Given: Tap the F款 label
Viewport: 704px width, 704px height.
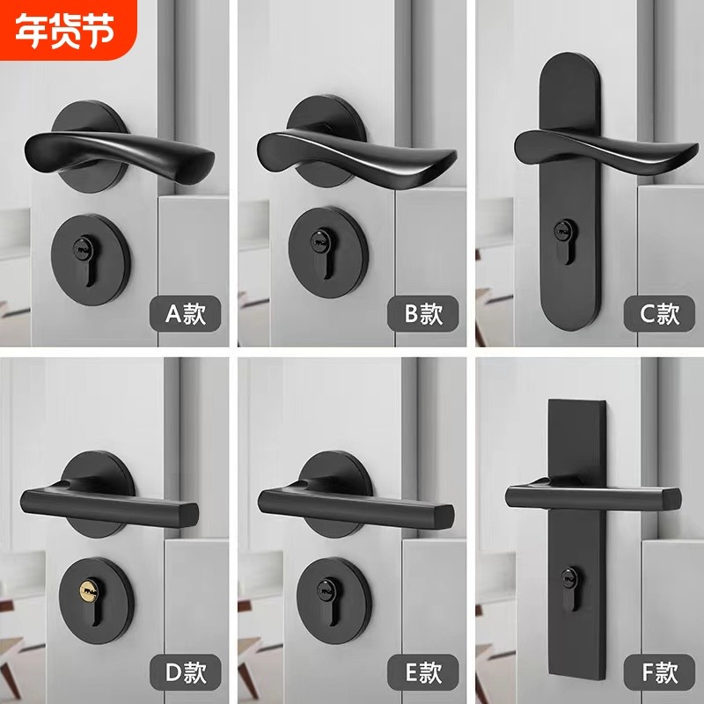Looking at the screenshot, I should click(x=658, y=676).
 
